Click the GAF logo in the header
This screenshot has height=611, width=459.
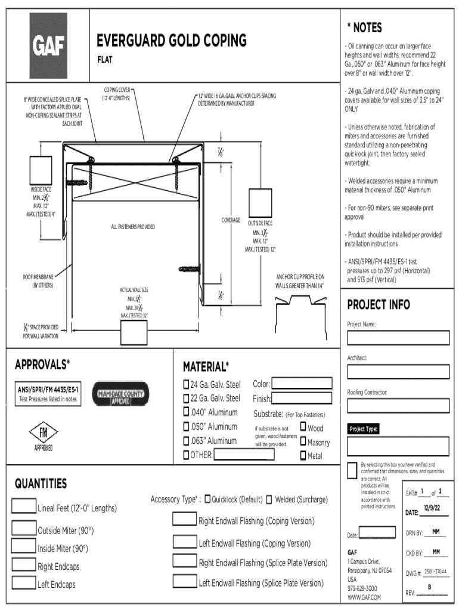coord(49,45)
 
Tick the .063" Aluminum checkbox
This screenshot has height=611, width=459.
coord(186,441)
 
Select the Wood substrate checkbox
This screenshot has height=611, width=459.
coord(303,427)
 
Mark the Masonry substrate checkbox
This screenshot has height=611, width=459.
coord(303,442)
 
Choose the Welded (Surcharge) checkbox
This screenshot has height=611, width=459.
coord(269,499)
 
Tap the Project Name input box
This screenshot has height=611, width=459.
coord(396,338)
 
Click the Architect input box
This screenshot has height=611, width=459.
coord(396,372)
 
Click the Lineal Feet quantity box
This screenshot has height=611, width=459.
coord(24,506)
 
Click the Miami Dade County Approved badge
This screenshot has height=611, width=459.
coord(119,394)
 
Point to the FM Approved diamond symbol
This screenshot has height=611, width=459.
coord(43,434)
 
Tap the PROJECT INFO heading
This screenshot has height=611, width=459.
coord(379,305)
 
